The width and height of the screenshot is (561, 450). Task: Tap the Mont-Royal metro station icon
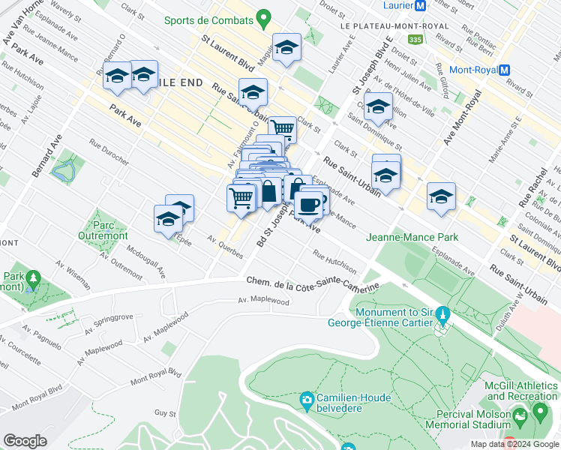click(504, 70)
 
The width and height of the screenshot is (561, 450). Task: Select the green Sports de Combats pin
click(262, 16)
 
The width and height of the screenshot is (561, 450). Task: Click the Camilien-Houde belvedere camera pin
click(306, 399)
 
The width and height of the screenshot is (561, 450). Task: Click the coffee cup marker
click(309, 203)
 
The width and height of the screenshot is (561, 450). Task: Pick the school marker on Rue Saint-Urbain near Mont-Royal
click(441, 196)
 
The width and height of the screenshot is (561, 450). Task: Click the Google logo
click(25, 441)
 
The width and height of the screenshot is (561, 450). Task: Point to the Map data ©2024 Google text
click(514, 444)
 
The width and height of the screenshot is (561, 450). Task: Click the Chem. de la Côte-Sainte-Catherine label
click(313, 283)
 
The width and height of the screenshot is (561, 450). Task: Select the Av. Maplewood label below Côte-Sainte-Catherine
click(263, 301)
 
